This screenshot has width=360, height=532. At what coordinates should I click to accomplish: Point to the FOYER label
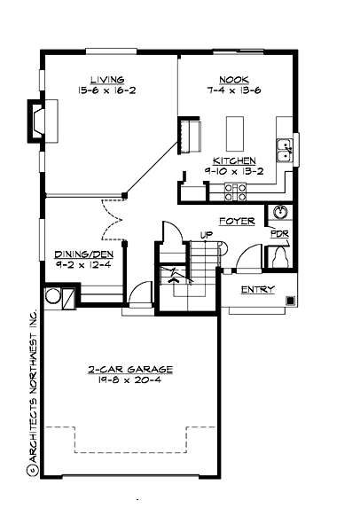coord(237,221)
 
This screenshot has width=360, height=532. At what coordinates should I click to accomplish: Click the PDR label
coord(278,234)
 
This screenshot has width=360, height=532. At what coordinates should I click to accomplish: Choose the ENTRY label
coord(257,290)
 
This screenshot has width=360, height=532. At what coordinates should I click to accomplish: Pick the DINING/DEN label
coord(83,253)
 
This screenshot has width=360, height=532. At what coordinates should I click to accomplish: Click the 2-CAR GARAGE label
coord(129,368)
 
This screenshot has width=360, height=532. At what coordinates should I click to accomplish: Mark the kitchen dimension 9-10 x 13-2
coord(230,171)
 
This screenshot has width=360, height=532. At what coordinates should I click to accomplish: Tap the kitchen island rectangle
coord(235,132)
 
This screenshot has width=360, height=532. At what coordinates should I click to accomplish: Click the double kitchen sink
coord(286,151)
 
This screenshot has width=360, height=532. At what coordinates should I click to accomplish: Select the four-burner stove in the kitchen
coord(235,190)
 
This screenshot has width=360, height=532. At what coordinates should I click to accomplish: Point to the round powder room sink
coord(279,213)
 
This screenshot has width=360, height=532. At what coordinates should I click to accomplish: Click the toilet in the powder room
coord(279,256)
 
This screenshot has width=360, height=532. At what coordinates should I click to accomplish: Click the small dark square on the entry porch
coord(290,300)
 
